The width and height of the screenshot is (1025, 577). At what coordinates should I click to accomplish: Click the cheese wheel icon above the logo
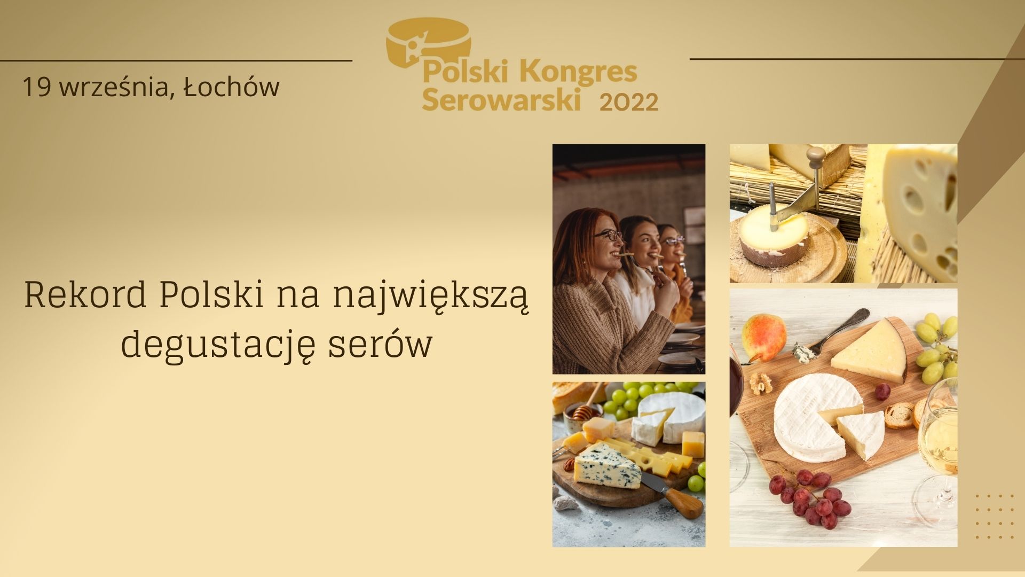428,43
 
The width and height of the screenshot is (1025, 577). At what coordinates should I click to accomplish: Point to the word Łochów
231,87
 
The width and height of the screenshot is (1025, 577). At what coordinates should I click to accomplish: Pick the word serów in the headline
380,344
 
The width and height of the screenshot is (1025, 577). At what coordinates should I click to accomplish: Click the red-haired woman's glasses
608,235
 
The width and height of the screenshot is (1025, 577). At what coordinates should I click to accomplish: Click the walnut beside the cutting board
761,383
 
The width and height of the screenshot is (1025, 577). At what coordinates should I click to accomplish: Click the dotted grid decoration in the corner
994,516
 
